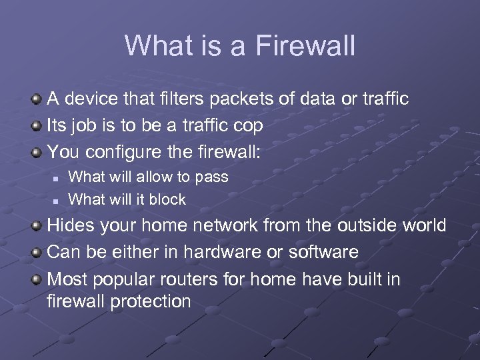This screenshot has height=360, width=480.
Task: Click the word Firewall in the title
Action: click(x=305, y=46)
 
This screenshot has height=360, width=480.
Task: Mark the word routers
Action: click(x=189, y=279)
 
